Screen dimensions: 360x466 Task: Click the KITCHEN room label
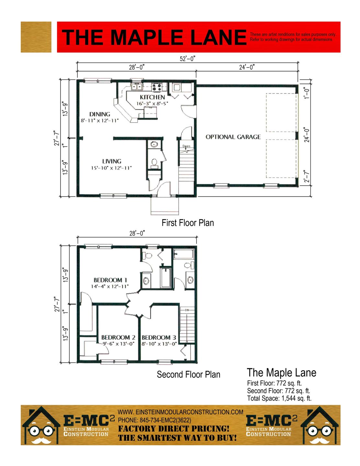[152, 97]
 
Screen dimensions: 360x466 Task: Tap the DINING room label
[99, 114]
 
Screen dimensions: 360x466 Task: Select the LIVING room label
[112, 161]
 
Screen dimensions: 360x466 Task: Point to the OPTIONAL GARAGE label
[233, 137]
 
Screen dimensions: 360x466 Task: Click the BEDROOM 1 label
[110, 280]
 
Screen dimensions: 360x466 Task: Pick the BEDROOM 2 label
[118, 338]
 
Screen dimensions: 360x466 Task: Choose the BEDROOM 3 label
[159, 338]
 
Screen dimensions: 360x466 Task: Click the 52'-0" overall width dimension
[187, 59]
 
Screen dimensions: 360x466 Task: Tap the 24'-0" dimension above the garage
[247, 67]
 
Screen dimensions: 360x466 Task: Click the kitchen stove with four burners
[156, 87]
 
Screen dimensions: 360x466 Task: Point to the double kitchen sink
[137, 87]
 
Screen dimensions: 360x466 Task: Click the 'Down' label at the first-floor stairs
[186, 146]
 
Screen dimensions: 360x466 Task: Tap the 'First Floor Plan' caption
[188, 223]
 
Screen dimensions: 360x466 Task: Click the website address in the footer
[180, 412]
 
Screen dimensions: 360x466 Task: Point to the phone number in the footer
[154, 420]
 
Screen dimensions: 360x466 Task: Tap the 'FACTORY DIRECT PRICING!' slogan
[174, 429]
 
